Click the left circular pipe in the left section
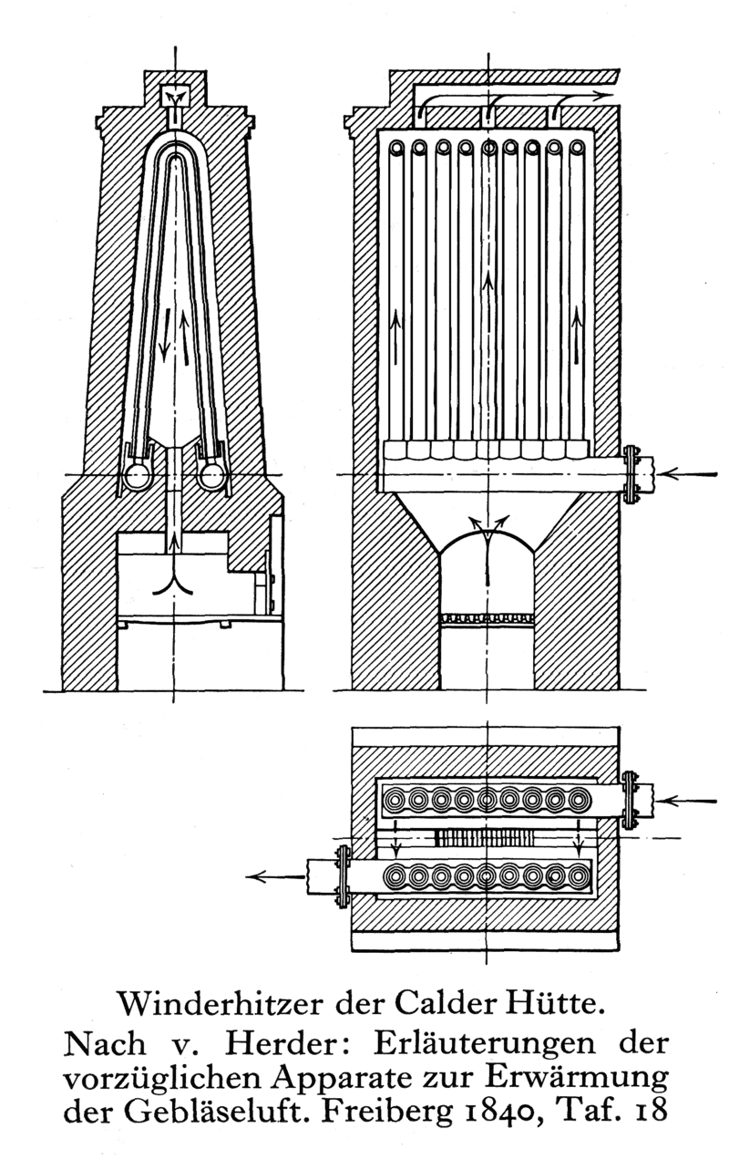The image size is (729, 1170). (x=139, y=476)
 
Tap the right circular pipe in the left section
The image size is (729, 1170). (x=212, y=476)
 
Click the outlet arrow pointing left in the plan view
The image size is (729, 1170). (x=275, y=876)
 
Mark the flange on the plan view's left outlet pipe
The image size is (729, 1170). (x=343, y=876)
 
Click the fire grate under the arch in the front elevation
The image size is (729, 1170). (x=487, y=618)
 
